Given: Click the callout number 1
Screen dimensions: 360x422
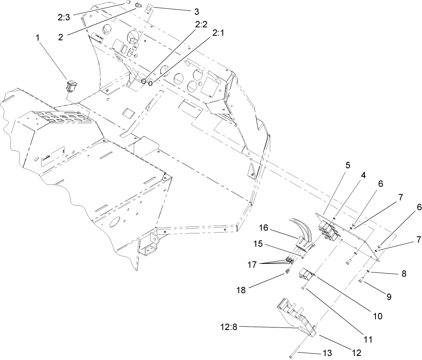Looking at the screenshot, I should click(38, 37).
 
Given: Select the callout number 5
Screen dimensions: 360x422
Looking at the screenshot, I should click(348, 166).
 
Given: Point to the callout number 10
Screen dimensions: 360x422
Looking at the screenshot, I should click(377, 316).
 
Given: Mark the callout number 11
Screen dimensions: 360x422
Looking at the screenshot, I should click(368, 339).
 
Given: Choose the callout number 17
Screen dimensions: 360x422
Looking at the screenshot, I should click(254, 265).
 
